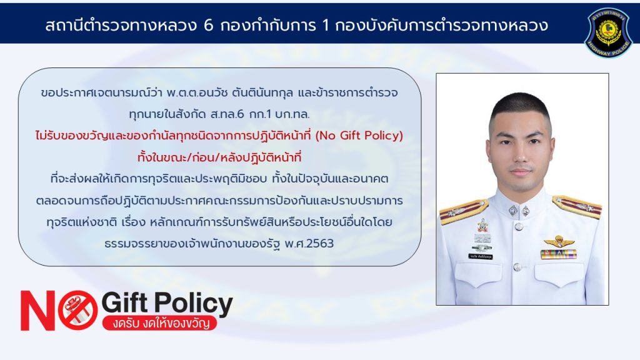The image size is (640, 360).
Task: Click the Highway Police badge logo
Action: (x=609, y=32)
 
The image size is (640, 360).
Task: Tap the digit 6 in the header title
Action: (x=208, y=26)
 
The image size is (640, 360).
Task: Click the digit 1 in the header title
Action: (x=325, y=26)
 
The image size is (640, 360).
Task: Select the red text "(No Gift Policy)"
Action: (x=359, y=135)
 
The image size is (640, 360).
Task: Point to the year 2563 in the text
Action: (x=320, y=243)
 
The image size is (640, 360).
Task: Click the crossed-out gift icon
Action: (x=77, y=310)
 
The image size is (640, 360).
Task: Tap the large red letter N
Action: (x=38, y=311)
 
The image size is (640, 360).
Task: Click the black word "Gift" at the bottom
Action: (x=124, y=302)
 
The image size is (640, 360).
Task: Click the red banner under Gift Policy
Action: (x=159, y=323)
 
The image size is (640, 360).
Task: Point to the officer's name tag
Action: (x=481, y=257)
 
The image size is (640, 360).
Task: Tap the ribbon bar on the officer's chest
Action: (x=558, y=254)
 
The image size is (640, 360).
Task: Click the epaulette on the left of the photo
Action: (x=463, y=211)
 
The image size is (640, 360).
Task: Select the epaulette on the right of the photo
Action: (x=577, y=206)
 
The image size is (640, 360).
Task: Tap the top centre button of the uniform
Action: (x=519, y=226)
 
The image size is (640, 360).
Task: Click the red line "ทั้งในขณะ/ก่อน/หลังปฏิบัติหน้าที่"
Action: (x=219, y=157)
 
